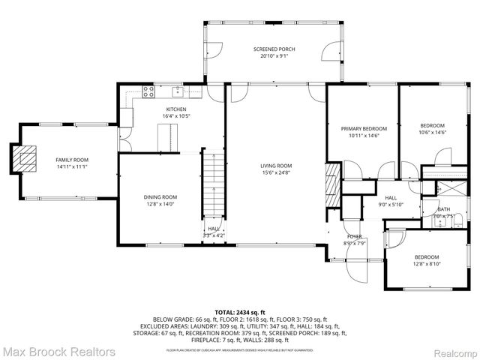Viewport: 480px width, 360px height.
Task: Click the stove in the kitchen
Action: click(x=148, y=92)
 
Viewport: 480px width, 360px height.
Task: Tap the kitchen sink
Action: click(x=178, y=92)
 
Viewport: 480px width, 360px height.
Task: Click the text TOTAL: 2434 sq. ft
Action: click(x=239, y=311)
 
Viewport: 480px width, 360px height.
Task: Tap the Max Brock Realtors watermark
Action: click(x=58, y=351)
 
